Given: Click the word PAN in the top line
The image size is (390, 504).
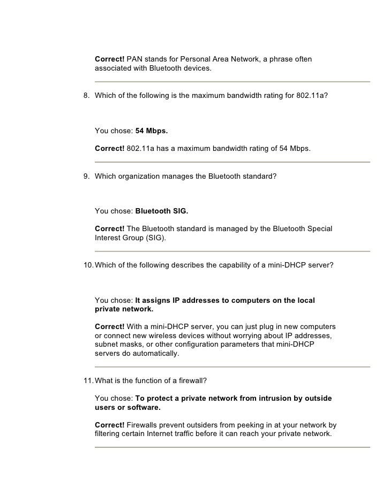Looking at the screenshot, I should pos(134,58).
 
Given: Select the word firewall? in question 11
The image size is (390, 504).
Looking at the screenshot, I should pos(200,380).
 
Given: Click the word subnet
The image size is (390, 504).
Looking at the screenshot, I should pos(107,345).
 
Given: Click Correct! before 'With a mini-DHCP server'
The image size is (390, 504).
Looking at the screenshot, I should pos(109,327).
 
